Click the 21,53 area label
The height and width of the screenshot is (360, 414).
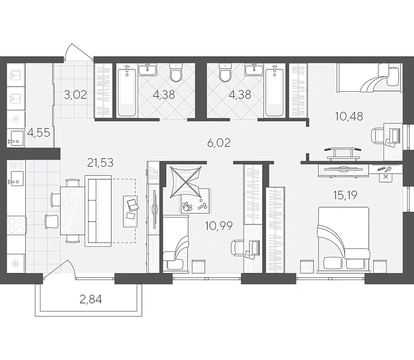click(100, 163)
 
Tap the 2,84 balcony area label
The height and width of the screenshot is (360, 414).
click(91, 299)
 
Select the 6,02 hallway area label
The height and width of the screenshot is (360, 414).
click(219, 143)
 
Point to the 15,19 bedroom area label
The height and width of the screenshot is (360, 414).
click(345, 195)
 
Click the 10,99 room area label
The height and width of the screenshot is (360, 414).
click(219, 226)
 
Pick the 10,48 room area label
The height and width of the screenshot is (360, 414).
click(349, 116)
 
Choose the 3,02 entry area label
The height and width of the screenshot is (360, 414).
click(76, 95)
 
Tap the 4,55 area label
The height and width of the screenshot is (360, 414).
click(38, 133)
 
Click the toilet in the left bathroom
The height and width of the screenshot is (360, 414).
click(176, 72)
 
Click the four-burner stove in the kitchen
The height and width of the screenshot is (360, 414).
click(16, 225)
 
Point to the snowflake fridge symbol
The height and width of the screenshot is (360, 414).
click(16, 263)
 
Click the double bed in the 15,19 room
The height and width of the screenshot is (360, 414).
click(344, 239)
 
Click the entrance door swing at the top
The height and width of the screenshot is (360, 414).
click(79, 52)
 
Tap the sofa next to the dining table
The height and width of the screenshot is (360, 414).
click(98, 211)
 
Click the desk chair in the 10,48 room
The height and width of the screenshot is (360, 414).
click(377, 136)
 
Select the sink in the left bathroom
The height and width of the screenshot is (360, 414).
click(148, 70)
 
